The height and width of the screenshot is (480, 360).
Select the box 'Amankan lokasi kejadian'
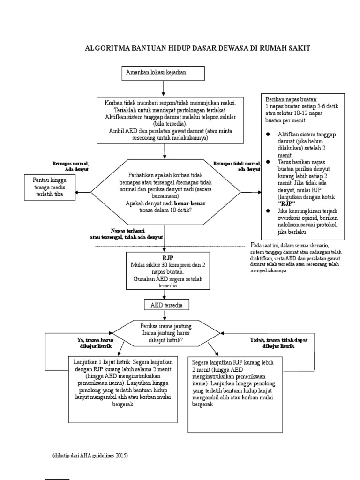click(x=163, y=73)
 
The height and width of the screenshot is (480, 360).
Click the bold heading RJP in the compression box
click(x=168, y=258)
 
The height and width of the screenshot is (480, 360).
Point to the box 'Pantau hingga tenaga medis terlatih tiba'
click(x=49, y=187)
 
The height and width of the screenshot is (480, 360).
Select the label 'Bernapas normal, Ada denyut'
click(x=70, y=166)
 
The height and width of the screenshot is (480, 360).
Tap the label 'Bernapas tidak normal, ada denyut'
click(x=237, y=166)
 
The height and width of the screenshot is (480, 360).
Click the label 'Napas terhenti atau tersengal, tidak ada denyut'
click(x=127, y=234)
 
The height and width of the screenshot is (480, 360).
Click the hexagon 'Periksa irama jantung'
click(x=166, y=332)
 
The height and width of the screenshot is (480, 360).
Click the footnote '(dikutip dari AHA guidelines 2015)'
click(x=90, y=455)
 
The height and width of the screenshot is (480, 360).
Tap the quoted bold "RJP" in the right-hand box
click(x=284, y=204)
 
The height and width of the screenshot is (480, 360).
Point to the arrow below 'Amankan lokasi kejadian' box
click(x=163, y=88)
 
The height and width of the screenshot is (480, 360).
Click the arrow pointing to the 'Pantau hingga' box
click(x=82, y=192)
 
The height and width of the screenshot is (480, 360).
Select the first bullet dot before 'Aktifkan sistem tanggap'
click(x=268, y=134)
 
